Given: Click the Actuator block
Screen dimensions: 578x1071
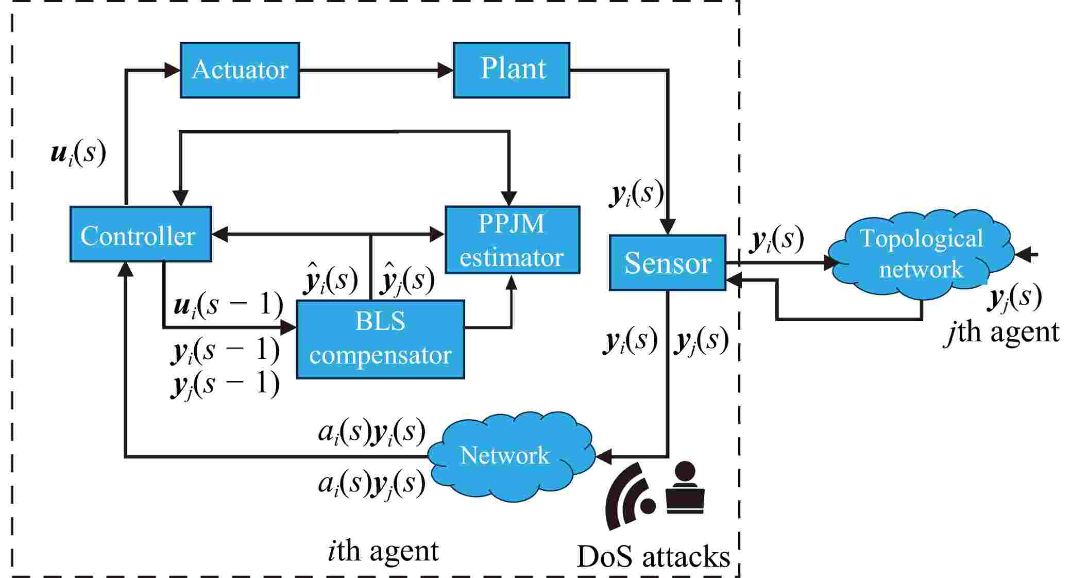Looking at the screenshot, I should [240, 70].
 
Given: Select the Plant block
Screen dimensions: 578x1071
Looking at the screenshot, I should [512, 70].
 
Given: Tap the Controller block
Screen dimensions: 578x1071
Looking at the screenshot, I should [140, 235].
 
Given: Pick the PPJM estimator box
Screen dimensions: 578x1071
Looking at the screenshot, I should [512, 240].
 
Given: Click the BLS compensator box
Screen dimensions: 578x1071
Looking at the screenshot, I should [380, 339].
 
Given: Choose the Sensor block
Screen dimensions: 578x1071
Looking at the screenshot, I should [667, 263].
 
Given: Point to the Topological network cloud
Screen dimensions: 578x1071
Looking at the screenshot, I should [921, 254].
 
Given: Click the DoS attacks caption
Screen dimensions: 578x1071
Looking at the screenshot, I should [653, 557].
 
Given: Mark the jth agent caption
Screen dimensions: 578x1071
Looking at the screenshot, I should [1002, 332].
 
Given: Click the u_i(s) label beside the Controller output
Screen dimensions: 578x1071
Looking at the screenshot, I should [78, 154].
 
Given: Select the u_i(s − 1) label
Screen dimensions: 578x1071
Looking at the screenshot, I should [228, 305].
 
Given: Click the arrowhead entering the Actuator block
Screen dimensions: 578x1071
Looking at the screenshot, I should [172, 70].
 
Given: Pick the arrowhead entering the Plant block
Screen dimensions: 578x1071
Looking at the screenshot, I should [445, 70].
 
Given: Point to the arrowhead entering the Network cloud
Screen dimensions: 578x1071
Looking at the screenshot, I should [604, 456].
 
